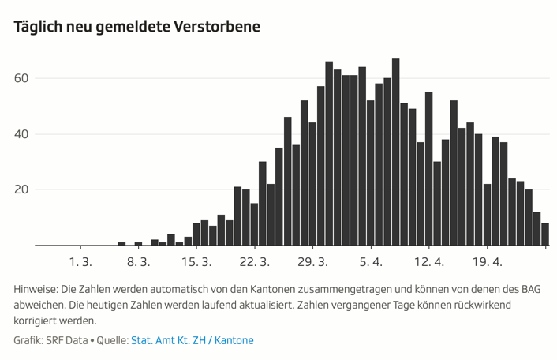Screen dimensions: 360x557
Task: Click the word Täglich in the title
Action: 39,27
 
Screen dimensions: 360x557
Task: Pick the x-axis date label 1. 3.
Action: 80,261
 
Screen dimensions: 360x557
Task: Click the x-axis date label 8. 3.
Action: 139,261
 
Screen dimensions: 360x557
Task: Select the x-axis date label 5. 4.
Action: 371,261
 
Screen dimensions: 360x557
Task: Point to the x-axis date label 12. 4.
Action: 429,261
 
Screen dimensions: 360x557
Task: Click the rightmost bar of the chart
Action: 545,234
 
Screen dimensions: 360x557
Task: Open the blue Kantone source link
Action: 234,340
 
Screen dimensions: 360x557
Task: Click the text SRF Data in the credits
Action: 66,340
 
